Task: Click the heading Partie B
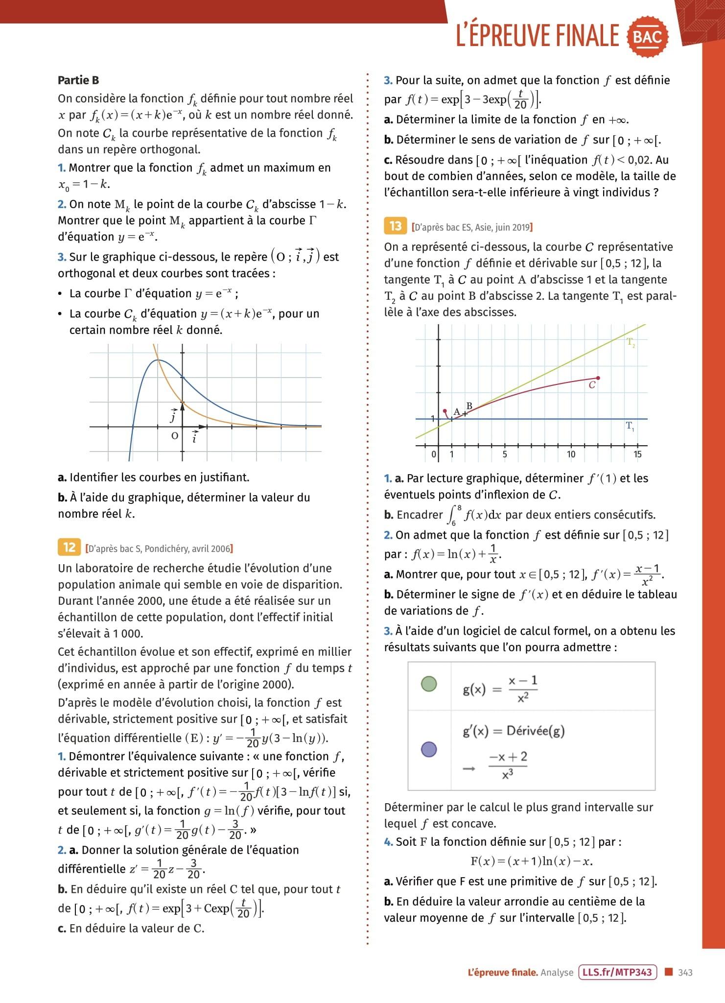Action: point(78,80)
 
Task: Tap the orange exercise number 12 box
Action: point(70,547)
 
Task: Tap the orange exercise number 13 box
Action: point(396,226)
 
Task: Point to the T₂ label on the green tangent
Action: point(631,343)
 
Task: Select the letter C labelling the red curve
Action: point(592,385)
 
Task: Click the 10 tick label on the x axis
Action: point(571,454)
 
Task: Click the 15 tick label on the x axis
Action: point(637,454)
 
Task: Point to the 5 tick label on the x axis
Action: point(505,454)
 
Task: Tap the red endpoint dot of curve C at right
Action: point(598,378)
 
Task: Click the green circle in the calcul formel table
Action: point(429,684)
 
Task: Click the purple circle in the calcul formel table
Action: point(429,749)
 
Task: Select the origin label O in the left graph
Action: point(174,436)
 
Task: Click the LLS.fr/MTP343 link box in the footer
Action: point(617,972)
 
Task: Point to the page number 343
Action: point(685,973)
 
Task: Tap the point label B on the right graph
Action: point(469,406)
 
